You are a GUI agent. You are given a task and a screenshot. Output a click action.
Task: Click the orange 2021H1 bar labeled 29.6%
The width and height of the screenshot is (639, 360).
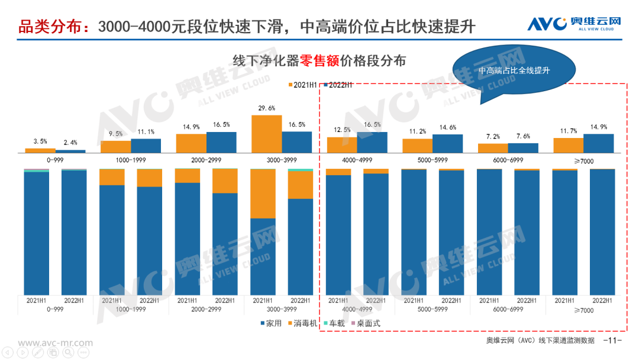click(266, 134)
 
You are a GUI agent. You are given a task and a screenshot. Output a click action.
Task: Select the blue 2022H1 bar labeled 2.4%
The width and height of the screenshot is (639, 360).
click(70, 152)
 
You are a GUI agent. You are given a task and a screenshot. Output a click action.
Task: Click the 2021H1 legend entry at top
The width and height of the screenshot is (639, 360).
click(304, 85)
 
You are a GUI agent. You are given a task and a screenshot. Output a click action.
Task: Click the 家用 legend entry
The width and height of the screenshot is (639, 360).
click(269, 324)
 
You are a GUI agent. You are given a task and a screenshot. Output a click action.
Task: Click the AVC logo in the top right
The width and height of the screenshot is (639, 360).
click(574, 24)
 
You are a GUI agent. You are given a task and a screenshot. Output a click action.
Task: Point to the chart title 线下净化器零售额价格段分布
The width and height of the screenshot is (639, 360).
click(319, 61)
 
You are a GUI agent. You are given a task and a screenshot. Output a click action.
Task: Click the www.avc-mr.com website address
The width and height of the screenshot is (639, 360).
click(47, 343)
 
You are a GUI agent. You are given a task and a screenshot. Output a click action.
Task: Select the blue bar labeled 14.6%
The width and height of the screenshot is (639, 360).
click(447, 144)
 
